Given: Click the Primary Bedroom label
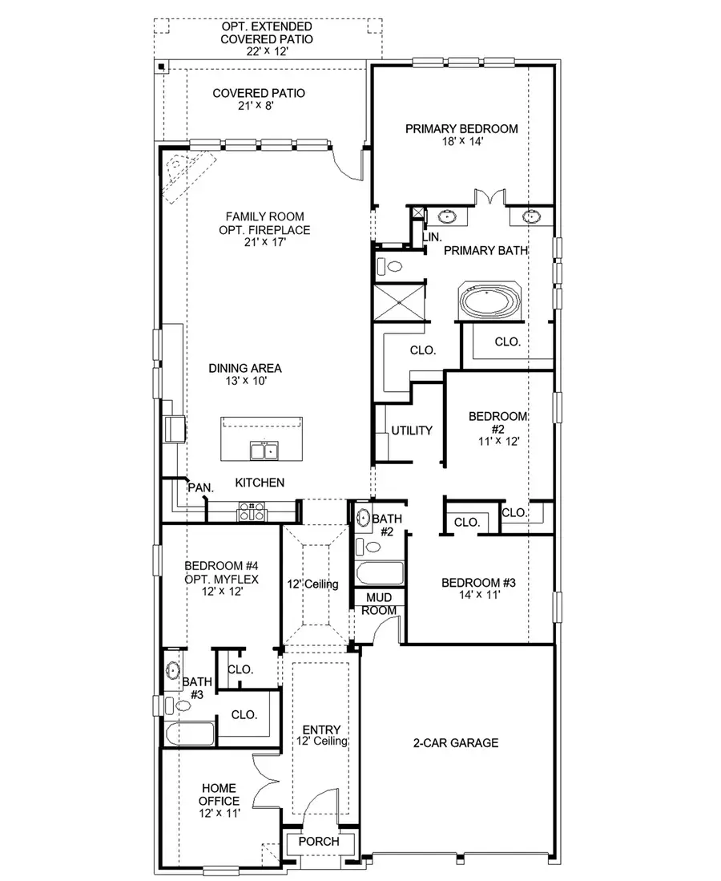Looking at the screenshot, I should click(461, 128).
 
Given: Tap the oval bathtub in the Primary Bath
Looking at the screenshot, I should click(489, 302).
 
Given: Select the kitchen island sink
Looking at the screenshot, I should click(264, 451).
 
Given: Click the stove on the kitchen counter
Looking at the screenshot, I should click(251, 511).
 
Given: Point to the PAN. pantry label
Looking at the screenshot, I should click(199, 487).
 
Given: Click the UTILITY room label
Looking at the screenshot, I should click(412, 430).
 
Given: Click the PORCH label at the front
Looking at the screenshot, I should click(319, 842).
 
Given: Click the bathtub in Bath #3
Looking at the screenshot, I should click(188, 733).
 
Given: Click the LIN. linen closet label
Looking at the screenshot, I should click(433, 237).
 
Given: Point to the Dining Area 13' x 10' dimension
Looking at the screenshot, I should click(245, 382).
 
